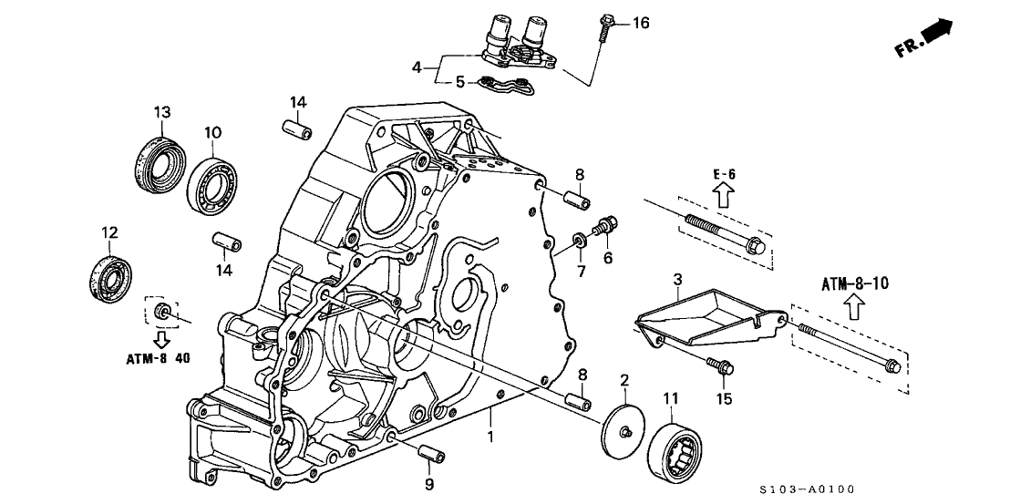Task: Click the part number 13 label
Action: (162, 112)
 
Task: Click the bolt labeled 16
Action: (605, 29)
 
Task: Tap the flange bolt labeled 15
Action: (718, 366)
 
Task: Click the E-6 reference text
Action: (722, 170)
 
